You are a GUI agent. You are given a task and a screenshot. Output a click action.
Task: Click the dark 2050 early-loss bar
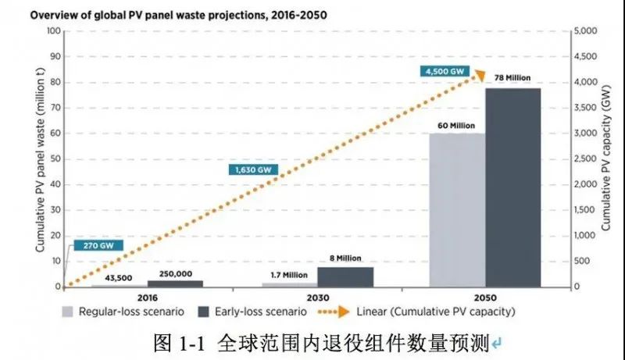click(512, 187)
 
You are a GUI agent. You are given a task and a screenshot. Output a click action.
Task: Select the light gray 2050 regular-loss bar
click(457, 210)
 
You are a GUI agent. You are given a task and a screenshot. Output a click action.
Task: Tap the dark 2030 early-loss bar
click(345, 276)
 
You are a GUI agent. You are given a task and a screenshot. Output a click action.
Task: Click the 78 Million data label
click(513, 79)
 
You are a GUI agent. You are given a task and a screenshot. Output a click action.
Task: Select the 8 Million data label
click(345, 258)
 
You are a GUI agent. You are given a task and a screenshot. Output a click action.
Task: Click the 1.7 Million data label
click(289, 275)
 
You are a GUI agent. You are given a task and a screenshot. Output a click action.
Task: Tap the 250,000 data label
click(175, 273)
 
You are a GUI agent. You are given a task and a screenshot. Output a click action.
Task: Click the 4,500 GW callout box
click(445, 71)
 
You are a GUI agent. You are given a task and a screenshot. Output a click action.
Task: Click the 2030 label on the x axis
click(317, 298)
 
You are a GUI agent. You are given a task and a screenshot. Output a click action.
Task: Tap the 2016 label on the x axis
click(147, 298)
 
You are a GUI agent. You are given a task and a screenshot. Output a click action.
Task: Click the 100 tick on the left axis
click(53, 31)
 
